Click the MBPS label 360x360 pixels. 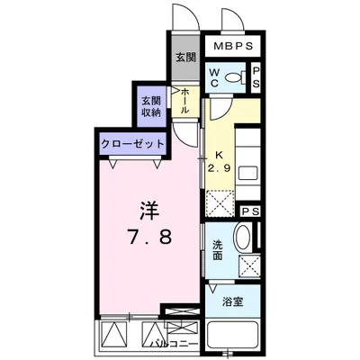click(233, 46)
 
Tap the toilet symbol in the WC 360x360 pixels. click(236, 77)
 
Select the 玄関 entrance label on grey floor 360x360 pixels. click(185, 57)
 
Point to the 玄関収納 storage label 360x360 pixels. click(151, 106)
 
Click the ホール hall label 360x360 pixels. click(184, 100)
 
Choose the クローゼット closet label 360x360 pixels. click(133, 144)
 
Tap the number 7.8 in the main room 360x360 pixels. click(150, 237)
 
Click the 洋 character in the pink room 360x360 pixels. click(149, 211)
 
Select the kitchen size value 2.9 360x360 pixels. click(220, 168)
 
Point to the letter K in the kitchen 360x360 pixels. click(219, 155)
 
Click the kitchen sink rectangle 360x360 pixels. click(247, 173)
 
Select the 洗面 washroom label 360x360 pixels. click(218, 250)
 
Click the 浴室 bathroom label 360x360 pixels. click(232, 301)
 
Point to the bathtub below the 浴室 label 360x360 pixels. click(233, 335)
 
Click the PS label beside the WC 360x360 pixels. click(256, 77)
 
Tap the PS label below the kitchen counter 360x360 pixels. click(250, 211)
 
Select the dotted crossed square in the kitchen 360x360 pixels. click(220, 202)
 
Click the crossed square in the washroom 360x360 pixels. click(249, 265)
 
